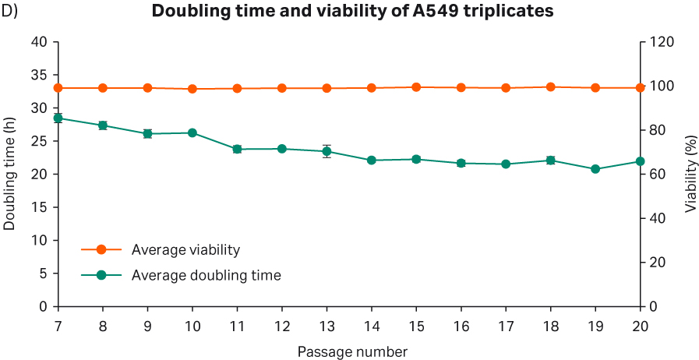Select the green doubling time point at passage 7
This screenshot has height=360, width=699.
(x=58, y=118)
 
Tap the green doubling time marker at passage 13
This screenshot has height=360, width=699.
(x=327, y=151)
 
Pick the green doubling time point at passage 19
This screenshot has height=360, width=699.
(x=595, y=169)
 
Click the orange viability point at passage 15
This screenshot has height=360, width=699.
(x=416, y=87)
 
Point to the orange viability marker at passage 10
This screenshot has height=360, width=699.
(x=192, y=89)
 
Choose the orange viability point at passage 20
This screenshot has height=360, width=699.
(x=641, y=88)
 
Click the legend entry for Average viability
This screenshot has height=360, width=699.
(x=185, y=250)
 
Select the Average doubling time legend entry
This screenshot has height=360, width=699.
(x=206, y=275)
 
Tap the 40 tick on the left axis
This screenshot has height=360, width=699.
(x=39, y=42)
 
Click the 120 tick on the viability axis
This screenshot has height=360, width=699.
(x=659, y=42)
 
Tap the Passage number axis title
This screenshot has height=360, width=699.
(x=352, y=351)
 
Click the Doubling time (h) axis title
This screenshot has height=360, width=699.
(x=10, y=175)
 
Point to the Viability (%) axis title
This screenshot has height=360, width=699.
(x=690, y=175)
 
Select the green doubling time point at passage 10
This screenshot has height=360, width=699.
(x=192, y=133)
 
